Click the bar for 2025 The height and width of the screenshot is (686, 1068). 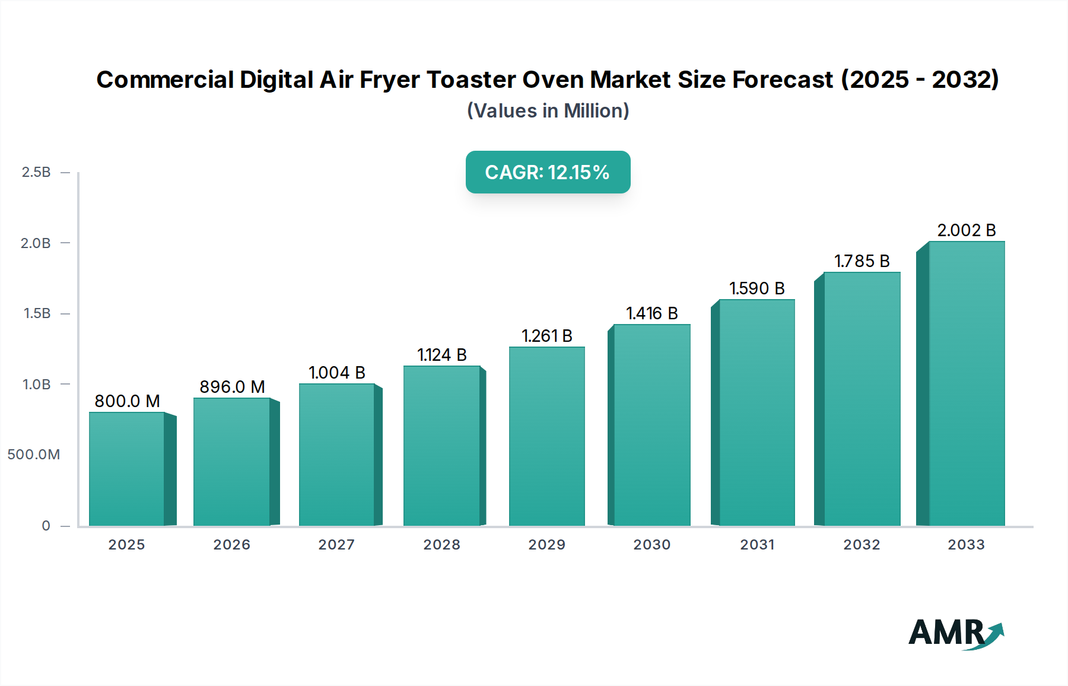pos(127,469)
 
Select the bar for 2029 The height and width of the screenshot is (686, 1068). pos(547,436)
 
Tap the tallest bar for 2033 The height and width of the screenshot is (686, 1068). pos(966,383)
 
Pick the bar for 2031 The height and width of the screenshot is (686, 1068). pos(757,412)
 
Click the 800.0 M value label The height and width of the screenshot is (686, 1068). pos(128,401)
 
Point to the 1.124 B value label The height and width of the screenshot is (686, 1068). pos(442,355)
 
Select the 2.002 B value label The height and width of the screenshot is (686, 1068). pos(966,230)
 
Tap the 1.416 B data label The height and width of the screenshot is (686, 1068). pos(651,313)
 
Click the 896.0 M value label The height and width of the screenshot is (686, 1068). pos(232,387)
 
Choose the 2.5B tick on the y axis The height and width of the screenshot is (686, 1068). pos(36,172)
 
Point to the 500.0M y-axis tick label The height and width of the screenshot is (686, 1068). pos(34,455)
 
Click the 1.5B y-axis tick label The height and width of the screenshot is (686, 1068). pos(37,313)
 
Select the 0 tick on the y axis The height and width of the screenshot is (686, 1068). pos(46,526)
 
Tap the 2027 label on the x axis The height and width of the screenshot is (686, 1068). pos(336,545)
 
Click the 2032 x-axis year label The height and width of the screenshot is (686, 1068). pos(862,545)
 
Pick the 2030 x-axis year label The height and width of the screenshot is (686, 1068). pos(651,545)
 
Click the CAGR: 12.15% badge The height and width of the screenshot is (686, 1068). pos(548,172)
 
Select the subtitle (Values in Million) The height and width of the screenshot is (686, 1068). pos(548,111)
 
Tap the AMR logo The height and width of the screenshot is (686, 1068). pos(955,633)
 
